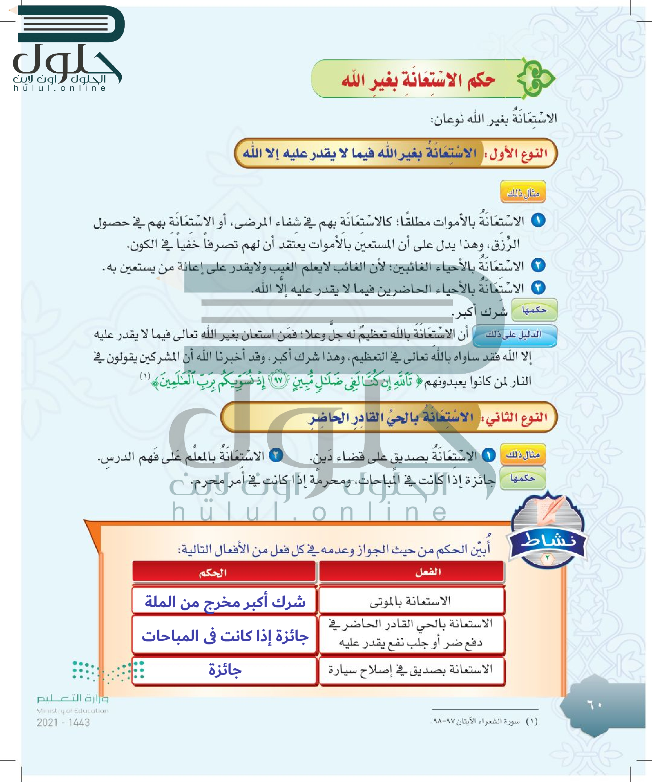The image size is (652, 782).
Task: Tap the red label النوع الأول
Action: point(518,154)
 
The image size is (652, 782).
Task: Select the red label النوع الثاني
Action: point(517,417)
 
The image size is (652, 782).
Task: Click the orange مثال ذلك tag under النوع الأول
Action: point(523,192)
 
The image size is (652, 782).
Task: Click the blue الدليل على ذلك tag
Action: point(514,335)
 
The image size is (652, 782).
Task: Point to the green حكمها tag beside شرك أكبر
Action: point(534,310)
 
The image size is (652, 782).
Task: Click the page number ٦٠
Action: point(594,705)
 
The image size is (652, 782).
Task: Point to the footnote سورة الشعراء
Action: point(484,722)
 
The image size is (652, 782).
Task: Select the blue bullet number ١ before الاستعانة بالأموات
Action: point(538,221)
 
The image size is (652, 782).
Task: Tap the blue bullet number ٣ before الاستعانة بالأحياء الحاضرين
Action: point(538,287)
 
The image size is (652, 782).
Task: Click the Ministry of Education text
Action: point(72,711)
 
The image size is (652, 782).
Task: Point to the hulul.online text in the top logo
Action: point(60,88)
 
